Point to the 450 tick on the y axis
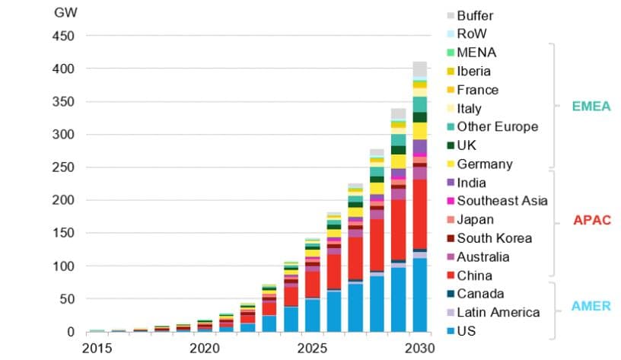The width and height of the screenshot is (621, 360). [63, 36]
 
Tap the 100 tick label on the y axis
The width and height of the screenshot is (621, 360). [63, 266]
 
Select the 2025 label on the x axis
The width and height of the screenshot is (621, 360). [312, 348]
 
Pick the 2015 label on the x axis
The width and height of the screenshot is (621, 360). [97, 348]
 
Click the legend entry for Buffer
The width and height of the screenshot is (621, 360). [474, 15]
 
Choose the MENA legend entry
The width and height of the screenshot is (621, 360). [476, 53]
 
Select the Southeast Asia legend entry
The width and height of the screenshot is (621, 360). [502, 201]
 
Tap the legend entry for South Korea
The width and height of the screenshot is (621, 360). [494, 238]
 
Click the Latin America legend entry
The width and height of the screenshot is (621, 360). [498, 312]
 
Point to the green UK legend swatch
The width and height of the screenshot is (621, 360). [451, 145]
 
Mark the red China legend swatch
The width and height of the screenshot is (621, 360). [451, 276]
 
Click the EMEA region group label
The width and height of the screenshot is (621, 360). [591, 107]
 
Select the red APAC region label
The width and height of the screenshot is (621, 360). [591, 221]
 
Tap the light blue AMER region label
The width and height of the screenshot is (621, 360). [591, 306]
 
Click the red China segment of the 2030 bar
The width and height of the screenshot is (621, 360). [420, 214]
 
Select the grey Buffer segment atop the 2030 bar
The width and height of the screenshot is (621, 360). [420, 69]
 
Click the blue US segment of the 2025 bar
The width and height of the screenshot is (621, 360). [312, 315]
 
